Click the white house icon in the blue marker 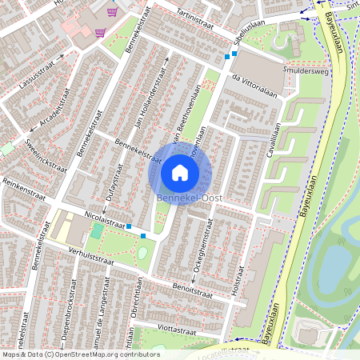(x=180, y=173)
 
